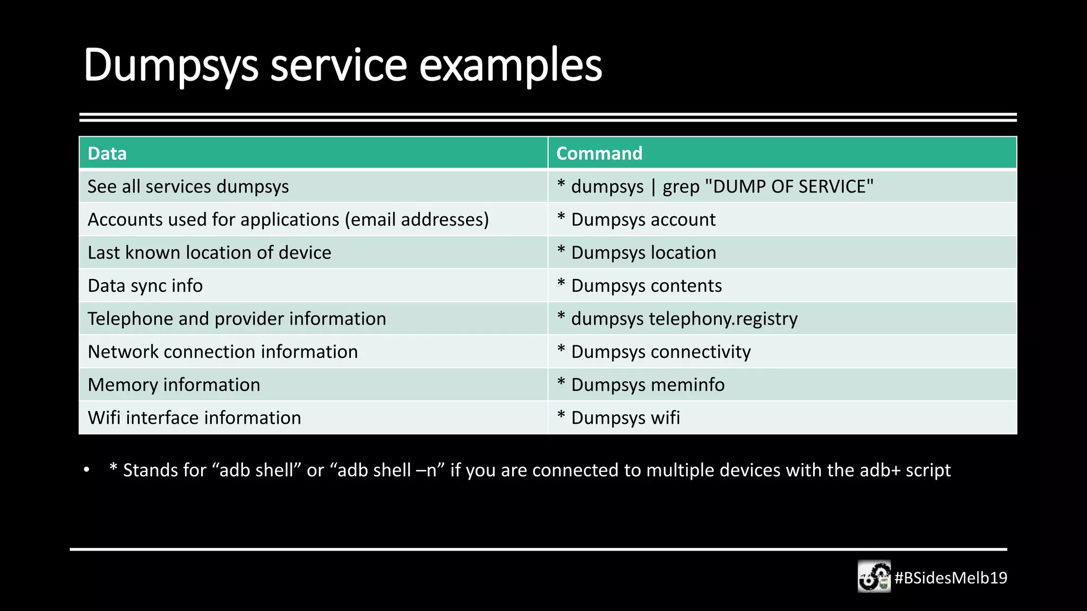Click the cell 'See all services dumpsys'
(x=188, y=187)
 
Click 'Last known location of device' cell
(x=209, y=252)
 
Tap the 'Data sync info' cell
(x=145, y=286)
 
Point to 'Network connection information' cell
(x=222, y=352)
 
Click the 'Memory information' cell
(x=174, y=385)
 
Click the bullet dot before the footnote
(x=87, y=470)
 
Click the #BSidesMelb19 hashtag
(x=951, y=578)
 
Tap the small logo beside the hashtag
(x=874, y=577)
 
